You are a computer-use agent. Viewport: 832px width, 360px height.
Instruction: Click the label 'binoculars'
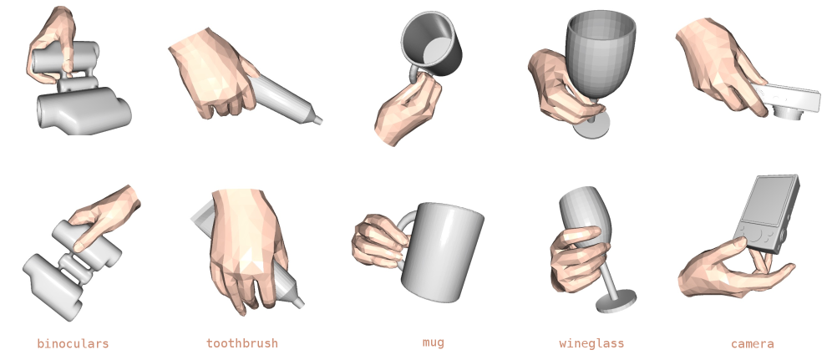pyautogui.click(x=73, y=343)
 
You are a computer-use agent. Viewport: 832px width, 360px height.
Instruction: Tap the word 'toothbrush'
pyautogui.click(x=242, y=343)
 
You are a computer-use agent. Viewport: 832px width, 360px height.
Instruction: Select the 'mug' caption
pyautogui.click(x=433, y=343)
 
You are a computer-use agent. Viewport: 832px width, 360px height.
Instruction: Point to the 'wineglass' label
pyautogui.click(x=591, y=343)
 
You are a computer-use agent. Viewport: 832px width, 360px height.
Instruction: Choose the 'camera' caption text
pyautogui.click(x=752, y=344)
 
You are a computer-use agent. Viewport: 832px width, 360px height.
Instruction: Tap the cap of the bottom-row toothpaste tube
pyautogui.click(x=298, y=302)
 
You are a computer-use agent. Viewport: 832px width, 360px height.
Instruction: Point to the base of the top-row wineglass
pyautogui.click(x=591, y=126)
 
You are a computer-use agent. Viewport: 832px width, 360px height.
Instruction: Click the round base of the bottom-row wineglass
pyautogui.click(x=616, y=302)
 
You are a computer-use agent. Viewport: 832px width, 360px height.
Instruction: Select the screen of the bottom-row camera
pyautogui.click(x=767, y=200)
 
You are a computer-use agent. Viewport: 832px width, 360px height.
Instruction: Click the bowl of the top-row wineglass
pyautogui.click(x=600, y=53)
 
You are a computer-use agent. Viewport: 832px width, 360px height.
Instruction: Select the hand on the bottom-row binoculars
pyautogui.click(x=105, y=215)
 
